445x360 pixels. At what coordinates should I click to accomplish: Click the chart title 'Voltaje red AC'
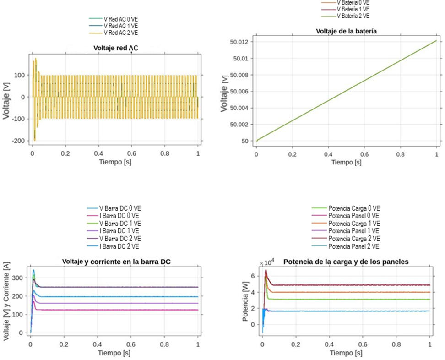(115, 48)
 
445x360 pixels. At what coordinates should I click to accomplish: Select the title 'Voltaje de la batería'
(346, 31)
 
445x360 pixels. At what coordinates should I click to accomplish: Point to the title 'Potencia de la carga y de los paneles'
(346, 262)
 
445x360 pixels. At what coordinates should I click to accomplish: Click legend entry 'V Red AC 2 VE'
(120, 33)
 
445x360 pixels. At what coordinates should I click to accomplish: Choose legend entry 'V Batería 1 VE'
(353, 9)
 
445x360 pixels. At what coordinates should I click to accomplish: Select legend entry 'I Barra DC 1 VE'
(120, 231)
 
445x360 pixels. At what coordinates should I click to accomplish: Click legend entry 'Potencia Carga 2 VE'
(354, 239)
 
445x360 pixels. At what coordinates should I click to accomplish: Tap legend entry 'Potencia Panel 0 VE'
(354, 216)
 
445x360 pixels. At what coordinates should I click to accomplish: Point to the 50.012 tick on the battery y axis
(240, 42)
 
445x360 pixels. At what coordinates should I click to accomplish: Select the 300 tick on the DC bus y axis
(17, 278)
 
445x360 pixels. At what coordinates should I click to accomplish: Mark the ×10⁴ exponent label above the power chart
(266, 263)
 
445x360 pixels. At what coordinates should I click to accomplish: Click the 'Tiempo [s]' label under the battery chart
(346, 162)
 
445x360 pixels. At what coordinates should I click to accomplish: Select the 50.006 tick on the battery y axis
(240, 92)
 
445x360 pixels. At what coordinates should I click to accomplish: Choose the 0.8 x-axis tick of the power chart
(396, 344)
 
